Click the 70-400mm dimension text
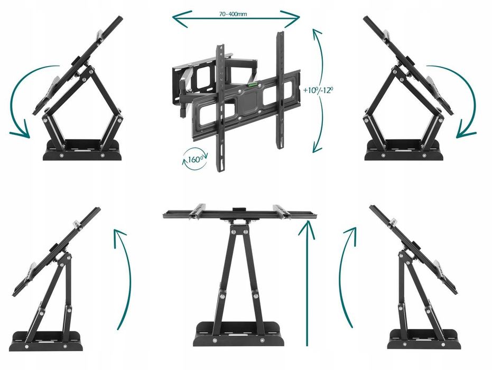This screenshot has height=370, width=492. click(233, 14)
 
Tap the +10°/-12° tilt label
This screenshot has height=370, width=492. click(318, 90)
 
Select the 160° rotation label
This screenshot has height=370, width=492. click(195, 160)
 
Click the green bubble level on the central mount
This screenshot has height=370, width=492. click(253, 84)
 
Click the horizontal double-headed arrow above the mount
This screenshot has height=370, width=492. click(236, 20)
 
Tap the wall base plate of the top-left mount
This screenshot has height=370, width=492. click(82, 150)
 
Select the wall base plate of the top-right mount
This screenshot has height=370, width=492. click(404, 150)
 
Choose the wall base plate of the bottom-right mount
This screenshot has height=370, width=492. click(424, 339)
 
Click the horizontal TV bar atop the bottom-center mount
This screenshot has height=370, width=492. click(240, 214)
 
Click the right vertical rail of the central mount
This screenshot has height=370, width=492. click(280, 89)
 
